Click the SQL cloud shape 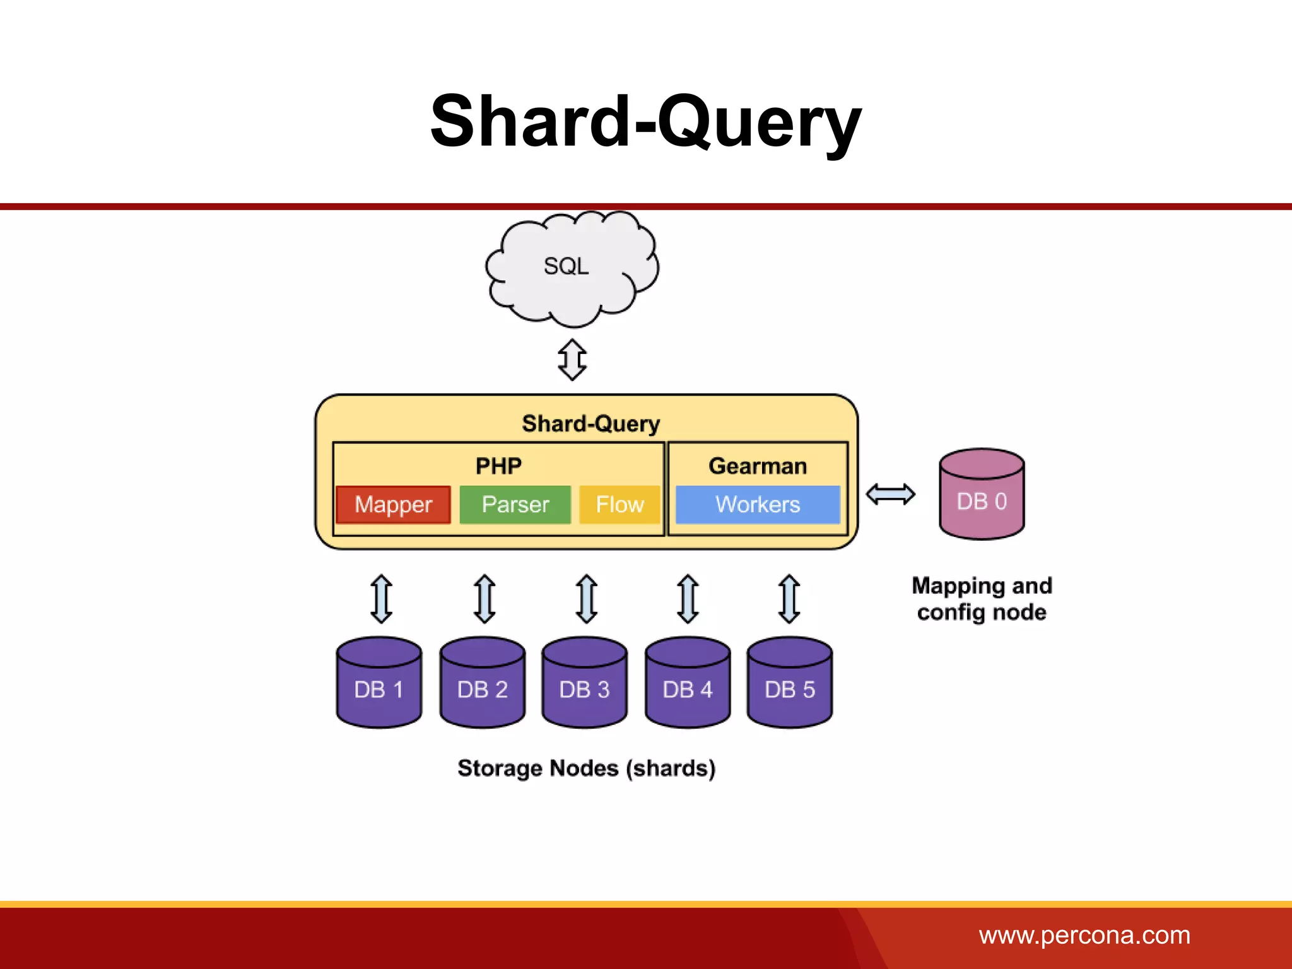[x=571, y=268]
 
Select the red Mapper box [x=393, y=505]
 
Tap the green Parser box [x=515, y=505]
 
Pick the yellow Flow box [x=620, y=505]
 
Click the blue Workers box [x=757, y=505]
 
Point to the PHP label [x=498, y=466]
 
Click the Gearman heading [x=757, y=466]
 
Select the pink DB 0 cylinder [x=982, y=495]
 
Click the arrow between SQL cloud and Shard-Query [x=572, y=360]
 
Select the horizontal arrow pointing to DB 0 [x=890, y=494]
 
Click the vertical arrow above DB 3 [x=587, y=599]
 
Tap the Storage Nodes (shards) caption [x=586, y=768]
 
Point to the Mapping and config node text [x=982, y=599]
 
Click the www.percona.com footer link [x=1084, y=935]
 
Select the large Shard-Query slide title [x=645, y=121]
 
